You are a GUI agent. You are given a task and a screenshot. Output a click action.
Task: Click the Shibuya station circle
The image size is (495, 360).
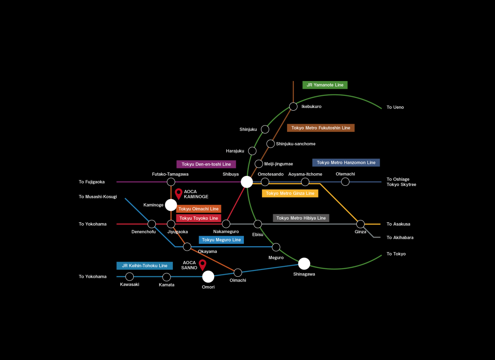[x=247, y=182]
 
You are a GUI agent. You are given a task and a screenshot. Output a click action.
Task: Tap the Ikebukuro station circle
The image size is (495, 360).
[x=293, y=107]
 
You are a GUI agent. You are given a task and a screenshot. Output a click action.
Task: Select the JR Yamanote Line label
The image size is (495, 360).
[x=325, y=85]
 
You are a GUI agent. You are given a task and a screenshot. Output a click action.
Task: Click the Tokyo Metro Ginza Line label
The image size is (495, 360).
[x=290, y=193]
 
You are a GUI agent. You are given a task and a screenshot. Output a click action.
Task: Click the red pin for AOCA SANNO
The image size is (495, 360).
[x=202, y=265]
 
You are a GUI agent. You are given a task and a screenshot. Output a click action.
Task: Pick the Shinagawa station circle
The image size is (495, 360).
[x=304, y=264]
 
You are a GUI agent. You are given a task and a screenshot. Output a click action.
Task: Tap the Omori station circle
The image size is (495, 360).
[x=208, y=277]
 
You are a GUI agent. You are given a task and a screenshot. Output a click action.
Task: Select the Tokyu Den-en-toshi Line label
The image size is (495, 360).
[x=206, y=164]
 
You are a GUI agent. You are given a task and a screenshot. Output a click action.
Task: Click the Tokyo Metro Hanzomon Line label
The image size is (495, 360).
[x=346, y=162]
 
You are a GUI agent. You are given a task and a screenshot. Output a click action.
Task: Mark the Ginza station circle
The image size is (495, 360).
[x=360, y=224]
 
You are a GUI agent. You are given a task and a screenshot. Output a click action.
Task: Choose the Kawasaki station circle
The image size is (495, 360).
[x=130, y=276]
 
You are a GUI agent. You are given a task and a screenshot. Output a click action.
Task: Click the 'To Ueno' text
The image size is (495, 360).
[x=395, y=108]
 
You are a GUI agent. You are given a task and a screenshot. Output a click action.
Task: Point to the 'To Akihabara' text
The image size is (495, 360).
[x=400, y=238]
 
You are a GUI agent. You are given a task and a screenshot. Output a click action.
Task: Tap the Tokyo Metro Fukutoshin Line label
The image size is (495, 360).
[x=320, y=128]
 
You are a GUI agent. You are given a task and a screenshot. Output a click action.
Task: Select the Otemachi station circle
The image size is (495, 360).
[x=345, y=182]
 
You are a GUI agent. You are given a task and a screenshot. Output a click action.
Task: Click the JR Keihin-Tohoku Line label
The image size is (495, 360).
[x=144, y=266]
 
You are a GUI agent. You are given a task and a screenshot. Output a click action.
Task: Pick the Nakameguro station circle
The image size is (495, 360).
[x=226, y=224]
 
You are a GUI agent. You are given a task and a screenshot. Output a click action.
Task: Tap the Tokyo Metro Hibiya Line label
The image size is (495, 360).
[x=301, y=218]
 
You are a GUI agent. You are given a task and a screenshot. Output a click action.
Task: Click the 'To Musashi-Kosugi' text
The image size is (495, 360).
[x=98, y=197]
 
